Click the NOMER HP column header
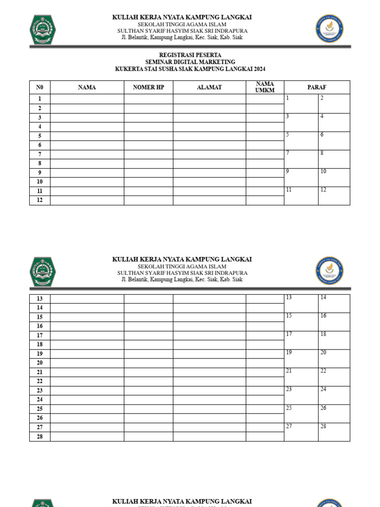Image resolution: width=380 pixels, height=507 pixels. tap(148, 88)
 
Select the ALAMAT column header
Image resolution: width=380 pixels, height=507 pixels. tap(209, 88)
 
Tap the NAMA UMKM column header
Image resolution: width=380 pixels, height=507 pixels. tap(265, 87)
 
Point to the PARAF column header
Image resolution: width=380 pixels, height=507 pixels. tap(317, 88)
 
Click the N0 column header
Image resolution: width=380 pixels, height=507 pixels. tap(40, 88)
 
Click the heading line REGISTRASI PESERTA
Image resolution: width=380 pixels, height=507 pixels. tap(190, 55)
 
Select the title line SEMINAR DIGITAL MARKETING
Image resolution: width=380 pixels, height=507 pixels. tap(190, 62)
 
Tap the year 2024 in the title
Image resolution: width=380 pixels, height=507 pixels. tap(259, 69)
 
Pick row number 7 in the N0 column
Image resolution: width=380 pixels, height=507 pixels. tap(40, 154)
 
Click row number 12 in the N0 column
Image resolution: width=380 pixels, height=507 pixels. tap(40, 200)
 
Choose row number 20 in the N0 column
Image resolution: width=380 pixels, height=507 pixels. tap(40, 363)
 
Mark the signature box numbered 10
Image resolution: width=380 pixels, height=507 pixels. tap(334, 178)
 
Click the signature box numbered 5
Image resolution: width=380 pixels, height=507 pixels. tap(301, 141)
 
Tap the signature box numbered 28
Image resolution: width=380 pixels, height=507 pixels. tap(334, 432)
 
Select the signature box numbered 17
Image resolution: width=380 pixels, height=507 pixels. tap(301, 340)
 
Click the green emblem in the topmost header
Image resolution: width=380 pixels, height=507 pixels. tap(44, 29)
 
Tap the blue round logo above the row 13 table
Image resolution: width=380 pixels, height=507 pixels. tap(329, 271)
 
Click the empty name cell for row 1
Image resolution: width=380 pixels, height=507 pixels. tap(87, 99)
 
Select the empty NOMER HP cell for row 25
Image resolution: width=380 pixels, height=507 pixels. tap(148, 409)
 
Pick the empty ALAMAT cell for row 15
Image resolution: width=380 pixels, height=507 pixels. tap(209, 317)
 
